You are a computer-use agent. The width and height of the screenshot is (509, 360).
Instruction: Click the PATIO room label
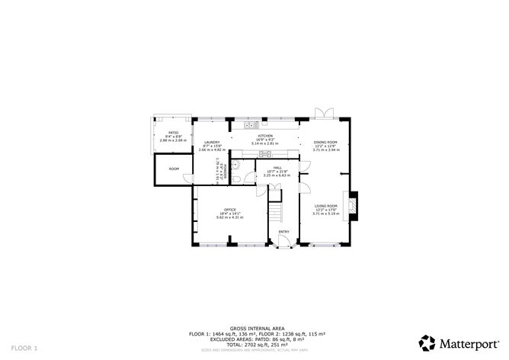(173, 132)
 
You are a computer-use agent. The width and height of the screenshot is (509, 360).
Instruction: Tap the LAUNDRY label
(212, 142)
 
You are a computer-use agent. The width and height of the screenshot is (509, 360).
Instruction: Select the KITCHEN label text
(264, 136)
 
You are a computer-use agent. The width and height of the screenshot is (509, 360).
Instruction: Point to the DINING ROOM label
(325, 142)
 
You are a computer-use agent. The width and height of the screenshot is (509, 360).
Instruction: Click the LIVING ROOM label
(325, 205)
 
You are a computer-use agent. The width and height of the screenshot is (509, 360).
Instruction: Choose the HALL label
(277, 167)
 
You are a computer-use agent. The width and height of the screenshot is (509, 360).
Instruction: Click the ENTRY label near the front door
(283, 232)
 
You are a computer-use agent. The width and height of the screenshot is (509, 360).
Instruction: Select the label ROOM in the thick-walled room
(174, 169)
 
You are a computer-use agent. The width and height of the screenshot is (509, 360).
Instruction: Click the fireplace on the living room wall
(352, 206)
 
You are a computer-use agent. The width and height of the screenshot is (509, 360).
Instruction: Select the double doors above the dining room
(324, 113)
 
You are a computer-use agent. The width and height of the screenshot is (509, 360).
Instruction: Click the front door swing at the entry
(284, 243)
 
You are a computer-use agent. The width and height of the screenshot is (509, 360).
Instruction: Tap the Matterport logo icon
(427, 342)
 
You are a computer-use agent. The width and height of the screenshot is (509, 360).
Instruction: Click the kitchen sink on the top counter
(249, 124)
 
